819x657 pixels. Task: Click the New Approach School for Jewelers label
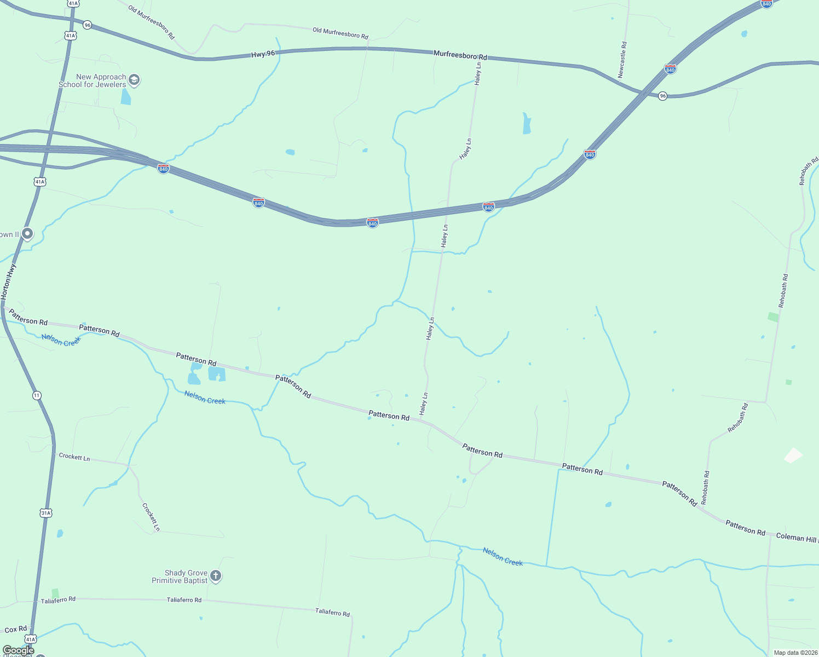[x=93, y=81]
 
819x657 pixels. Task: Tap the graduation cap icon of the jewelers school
[x=134, y=80]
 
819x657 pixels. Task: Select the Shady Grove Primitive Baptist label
[x=180, y=577]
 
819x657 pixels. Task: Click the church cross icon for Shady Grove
[x=216, y=576]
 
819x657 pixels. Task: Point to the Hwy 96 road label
[x=263, y=54]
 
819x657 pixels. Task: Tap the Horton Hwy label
[x=8, y=281]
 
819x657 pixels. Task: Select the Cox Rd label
[x=15, y=630]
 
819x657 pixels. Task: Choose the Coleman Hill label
[x=797, y=538]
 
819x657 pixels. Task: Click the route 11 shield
[x=37, y=395]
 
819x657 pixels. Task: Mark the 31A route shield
[x=46, y=513]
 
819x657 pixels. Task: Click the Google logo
[x=18, y=650]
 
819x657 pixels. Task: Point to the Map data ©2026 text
[x=794, y=653]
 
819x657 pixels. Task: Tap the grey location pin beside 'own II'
[x=27, y=234]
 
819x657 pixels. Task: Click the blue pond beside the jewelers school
[x=126, y=97]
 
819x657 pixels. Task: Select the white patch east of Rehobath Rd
[x=793, y=455]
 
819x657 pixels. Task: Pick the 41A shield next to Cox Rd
[x=31, y=639]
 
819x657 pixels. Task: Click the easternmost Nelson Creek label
[x=503, y=557]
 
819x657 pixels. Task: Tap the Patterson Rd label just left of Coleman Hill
[x=745, y=528]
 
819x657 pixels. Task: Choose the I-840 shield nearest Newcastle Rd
[x=670, y=69]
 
